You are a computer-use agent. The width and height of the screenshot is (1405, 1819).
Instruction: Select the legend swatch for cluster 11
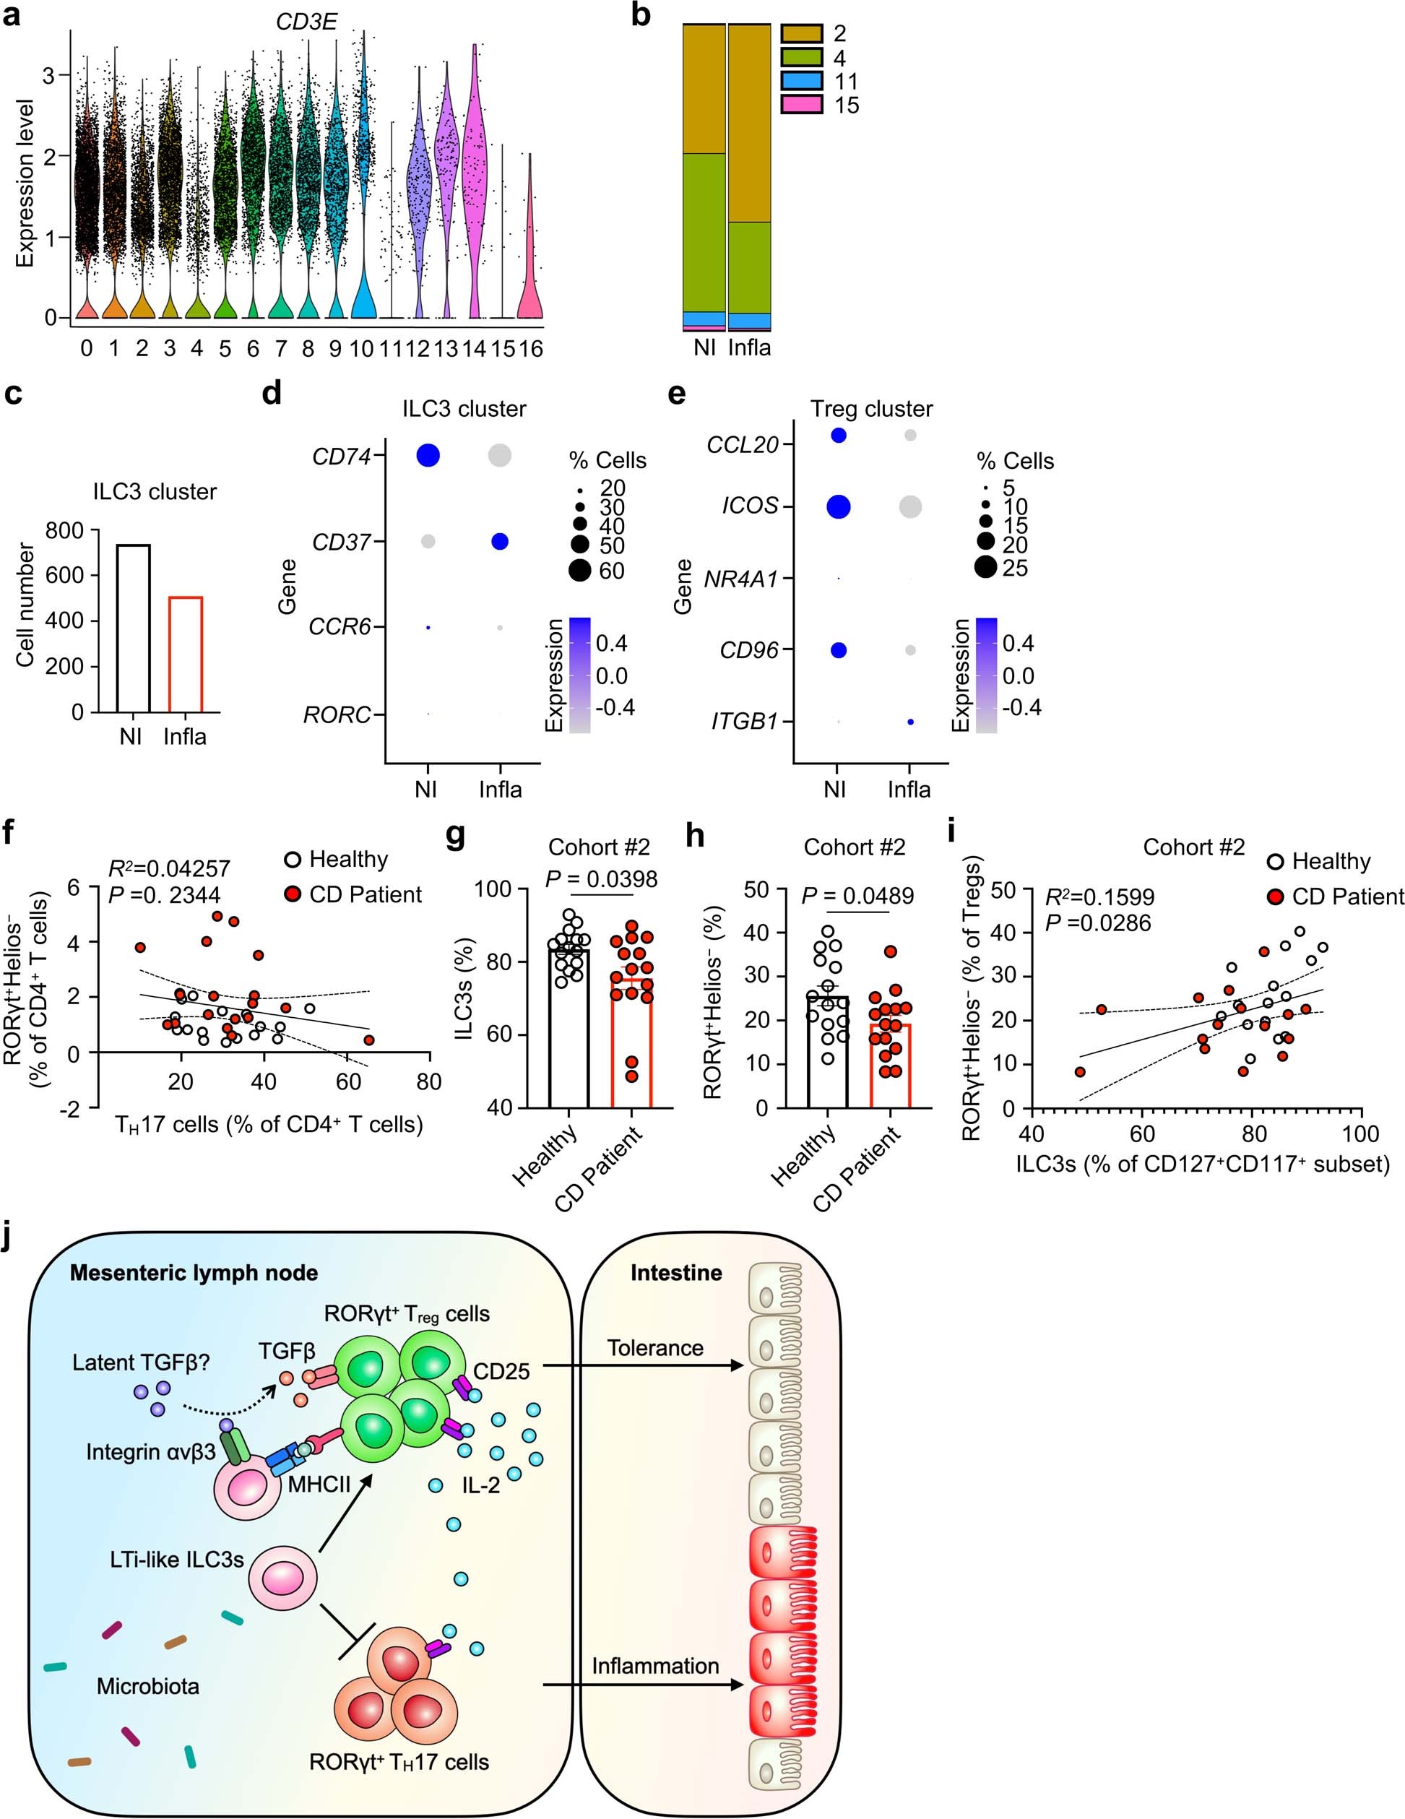[801, 81]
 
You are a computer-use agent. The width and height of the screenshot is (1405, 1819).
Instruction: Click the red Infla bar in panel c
[185, 654]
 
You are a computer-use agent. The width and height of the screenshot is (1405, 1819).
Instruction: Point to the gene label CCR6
[339, 626]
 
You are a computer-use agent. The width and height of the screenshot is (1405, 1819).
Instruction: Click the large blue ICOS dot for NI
[838, 506]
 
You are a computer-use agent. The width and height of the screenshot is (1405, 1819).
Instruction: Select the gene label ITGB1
[744, 721]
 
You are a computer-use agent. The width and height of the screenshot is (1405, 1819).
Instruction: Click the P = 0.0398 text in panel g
[600, 878]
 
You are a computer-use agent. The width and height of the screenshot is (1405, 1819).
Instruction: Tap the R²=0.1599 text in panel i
[1099, 897]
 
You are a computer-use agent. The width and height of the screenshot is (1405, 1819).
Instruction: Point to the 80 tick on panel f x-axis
[429, 1082]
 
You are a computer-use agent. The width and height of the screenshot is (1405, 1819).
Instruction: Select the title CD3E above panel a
[306, 22]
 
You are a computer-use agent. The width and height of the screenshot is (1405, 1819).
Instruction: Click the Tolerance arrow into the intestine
[641, 1366]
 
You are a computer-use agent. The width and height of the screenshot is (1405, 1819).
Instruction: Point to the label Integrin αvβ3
[151, 1452]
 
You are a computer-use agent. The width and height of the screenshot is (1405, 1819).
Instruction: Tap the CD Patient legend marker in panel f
[293, 894]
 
